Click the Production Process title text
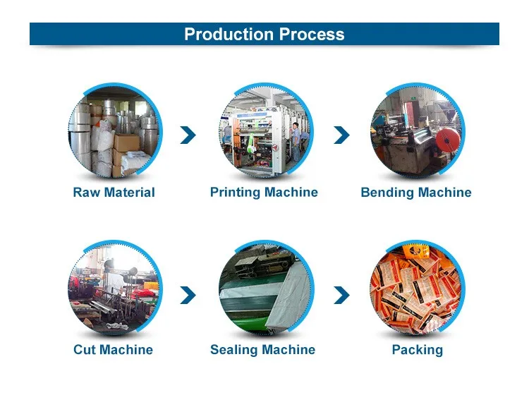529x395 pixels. pyautogui.click(x=264, y=34)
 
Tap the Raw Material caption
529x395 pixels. pyautogui.click(x=114, y=193)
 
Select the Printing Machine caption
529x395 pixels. pyautogui.click(x=264, y=192)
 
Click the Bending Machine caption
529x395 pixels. pyautogui.click(x=415, y=193)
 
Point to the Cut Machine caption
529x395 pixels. pyautogui.click(x=113, y=350)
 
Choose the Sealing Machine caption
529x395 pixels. pyautogui.click(x=262, y=350)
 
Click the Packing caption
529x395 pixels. pyautogui.click(x=417, y=350)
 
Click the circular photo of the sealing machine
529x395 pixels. pyautogui.click(x=264, y=289)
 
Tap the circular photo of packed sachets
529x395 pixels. pyautogui.click(x=416, y=289)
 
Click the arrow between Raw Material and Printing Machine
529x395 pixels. pyautogui.click(x=188, y=135)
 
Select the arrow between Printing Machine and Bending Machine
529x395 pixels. pyautogui.click(x=341, y=135)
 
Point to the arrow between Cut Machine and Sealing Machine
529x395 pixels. pyautogui.click(x=188, y=294)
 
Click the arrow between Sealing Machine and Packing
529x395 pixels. pyautogui.click(x=341, y=294)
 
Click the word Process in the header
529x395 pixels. pyautogui.click(x=311, y=34)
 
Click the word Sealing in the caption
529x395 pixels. pyautogui.click(x=234, y=350)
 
